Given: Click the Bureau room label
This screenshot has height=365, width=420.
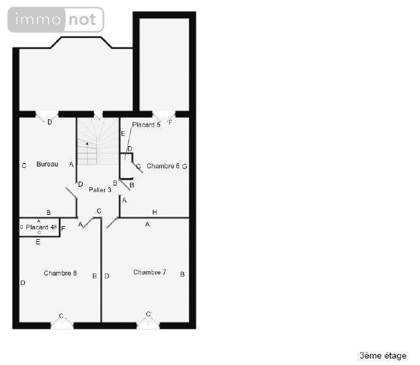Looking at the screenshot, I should tap(47, 164).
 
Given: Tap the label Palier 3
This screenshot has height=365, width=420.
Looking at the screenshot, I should tap(100, 189).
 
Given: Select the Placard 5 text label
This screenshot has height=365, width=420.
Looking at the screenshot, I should tap(146, 125).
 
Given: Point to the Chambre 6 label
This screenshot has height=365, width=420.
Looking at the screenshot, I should tap(163, 166).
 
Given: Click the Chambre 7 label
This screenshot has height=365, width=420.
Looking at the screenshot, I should tap(150, 272).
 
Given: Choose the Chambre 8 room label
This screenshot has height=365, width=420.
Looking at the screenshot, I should tap(60, 273).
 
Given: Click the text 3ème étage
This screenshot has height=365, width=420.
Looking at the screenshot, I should tap(383, 355).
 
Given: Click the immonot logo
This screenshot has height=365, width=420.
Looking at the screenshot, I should tap(56, 20).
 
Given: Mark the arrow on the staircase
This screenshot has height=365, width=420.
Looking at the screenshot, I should tap(87, 143).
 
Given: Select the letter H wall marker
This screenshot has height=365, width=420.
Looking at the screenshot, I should tap(155, 212).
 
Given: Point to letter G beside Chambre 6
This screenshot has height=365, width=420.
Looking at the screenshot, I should tap(185, 166).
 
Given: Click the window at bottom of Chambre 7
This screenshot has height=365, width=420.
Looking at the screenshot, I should tap(148, 322).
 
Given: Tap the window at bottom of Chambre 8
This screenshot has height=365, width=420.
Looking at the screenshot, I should tap(62, 323).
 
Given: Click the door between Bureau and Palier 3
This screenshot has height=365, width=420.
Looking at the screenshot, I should tap(71, 195).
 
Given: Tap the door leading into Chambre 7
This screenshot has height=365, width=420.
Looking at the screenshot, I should tap(112, 223).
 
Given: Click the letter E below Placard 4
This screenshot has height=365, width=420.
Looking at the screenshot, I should tap(38, 242).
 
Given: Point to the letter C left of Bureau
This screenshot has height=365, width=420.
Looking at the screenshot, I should tap(24, 166).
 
